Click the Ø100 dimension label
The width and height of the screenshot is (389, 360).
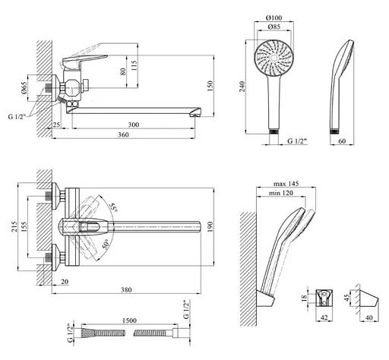coord(274,17)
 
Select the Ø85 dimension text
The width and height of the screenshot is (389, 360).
coord(274,27)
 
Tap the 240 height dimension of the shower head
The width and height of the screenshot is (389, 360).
coord(242,87)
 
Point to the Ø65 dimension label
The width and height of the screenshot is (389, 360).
coord(24,88)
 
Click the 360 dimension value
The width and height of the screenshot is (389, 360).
coord(123,134)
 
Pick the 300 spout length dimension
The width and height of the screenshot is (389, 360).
coord(134,125)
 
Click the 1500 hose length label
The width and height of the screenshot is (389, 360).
coord(129,321)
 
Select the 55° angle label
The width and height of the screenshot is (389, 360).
coord(114,207)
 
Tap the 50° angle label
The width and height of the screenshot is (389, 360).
coord(106,245)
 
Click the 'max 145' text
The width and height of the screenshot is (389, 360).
coord(286,184)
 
